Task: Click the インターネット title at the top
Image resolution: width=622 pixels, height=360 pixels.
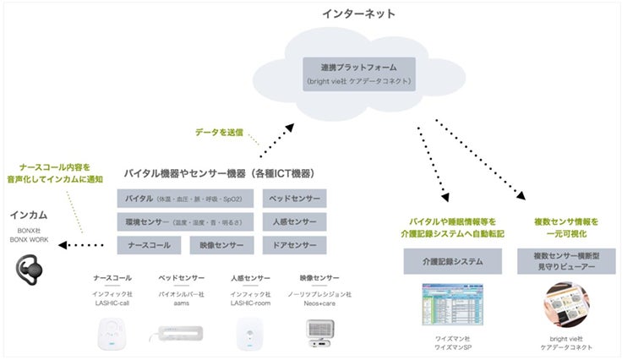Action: [x=359, y=14]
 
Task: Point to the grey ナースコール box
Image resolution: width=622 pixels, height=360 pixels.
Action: [x=149, y=246]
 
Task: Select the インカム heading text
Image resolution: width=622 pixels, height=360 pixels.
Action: [x=28, y=215]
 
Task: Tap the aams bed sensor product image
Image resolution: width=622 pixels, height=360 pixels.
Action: [x=178, y=333]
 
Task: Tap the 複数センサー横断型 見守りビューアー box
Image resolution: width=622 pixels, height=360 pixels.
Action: [x=565, y=261]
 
